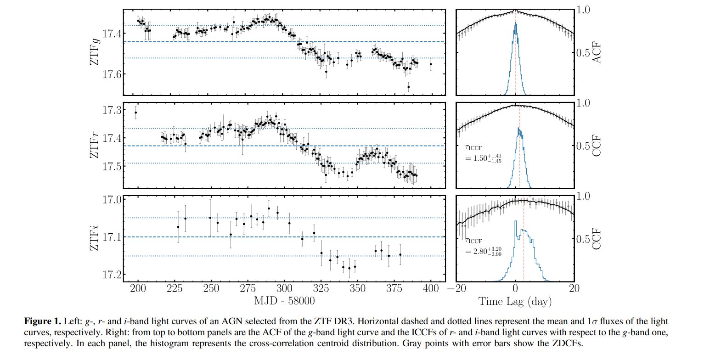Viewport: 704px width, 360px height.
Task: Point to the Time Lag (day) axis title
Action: [515, 301]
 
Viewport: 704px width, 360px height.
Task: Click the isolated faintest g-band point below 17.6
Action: [409, 87]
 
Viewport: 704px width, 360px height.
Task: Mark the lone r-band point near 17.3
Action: [135, 112]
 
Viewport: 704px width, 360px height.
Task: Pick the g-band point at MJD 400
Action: [431, 64]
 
